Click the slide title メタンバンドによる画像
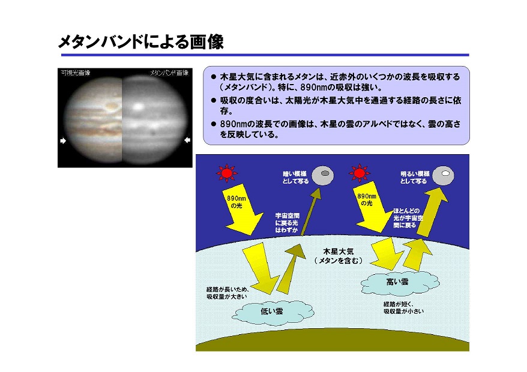[141, 42]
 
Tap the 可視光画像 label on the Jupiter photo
[76, 73]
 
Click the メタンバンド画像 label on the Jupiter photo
[169, 73]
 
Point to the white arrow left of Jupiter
[63, 141]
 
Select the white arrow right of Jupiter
[187, 140]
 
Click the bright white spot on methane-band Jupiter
[138, 107]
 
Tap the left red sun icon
[226, 173]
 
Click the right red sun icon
[360, 173]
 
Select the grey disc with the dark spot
[323, 175]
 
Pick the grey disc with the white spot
[443, 175]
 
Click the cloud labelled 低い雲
[273, 312]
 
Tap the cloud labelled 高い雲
[399, 283]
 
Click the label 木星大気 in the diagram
[339, 251]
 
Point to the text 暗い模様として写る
[295, 178]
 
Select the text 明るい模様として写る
[414, 178]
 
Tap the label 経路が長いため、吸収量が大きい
[228, 293]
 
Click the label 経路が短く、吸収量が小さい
[403, 307]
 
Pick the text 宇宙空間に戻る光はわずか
[287, 223]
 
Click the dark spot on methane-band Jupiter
[153, 133]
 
